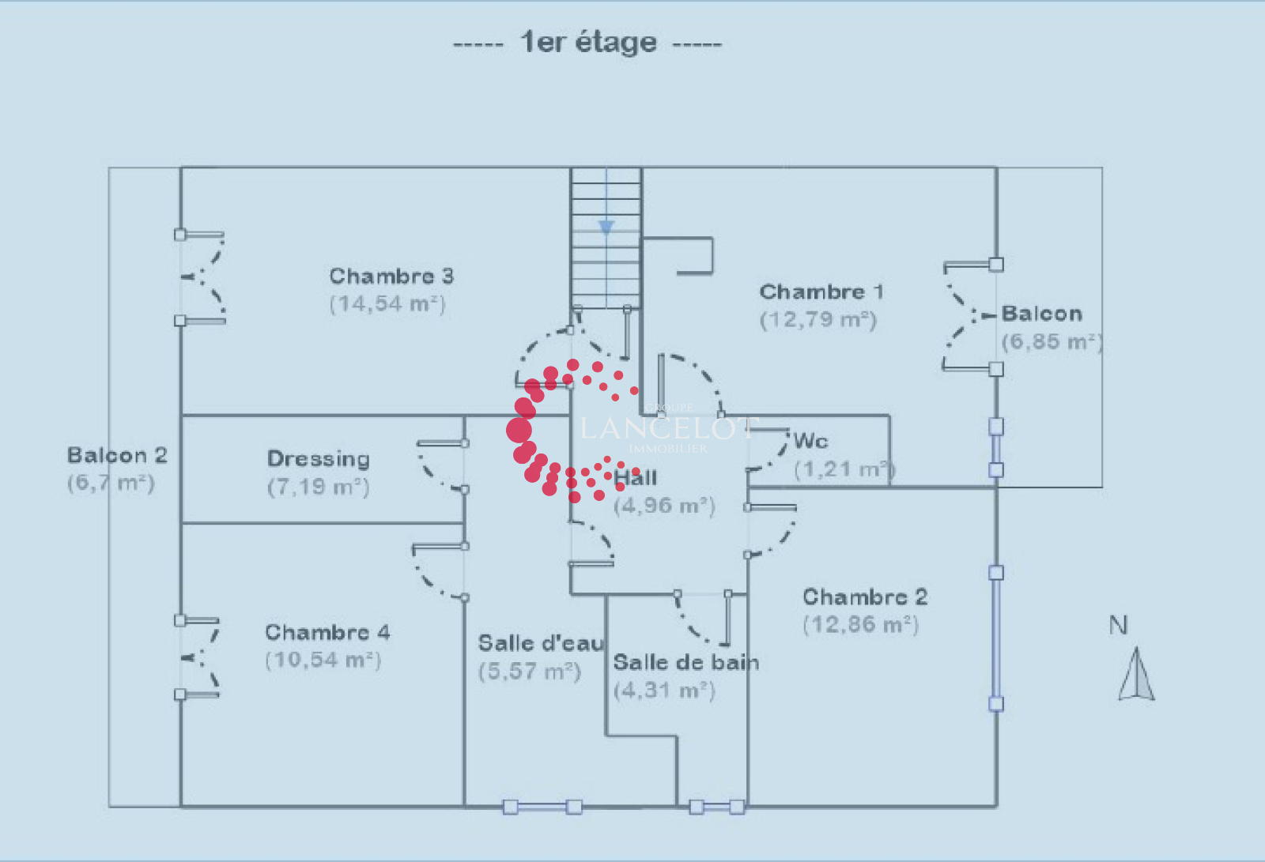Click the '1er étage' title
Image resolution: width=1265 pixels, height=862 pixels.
pyautogui.click(x=588, y=42)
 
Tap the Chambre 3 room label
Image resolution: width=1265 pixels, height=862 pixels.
pyautogui.click(x=391, y=276)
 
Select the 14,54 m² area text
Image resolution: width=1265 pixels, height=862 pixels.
pyautogui.click(x=387, y=304)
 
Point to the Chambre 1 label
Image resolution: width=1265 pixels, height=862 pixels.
pyautogui.click(x=821, y=292)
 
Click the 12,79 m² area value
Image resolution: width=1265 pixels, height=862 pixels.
pyautogui.click(x=818, y=320)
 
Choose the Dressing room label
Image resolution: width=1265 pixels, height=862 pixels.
pyautogui.click(x=319, y=458)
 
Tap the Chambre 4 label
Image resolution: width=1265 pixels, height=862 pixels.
pyautogui.click(x=327, y=632)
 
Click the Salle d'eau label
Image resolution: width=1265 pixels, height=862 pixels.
pyautogui.click(x=541, y=643)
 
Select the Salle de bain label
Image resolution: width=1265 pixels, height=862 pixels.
pyautogui.click(x=685, y=662)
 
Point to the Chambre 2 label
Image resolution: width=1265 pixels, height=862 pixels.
pyautogui.click(x=865, y=597)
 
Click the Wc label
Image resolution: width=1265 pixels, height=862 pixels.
pyautogui.click(x=811, y=440)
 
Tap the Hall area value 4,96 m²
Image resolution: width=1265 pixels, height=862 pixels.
pyautogui.click(x=664, y=506)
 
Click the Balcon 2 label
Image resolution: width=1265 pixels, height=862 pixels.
pyautogui.click(x=117, y=455)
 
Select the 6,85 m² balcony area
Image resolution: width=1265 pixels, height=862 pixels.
pyautogui.click(x=1052, y=342)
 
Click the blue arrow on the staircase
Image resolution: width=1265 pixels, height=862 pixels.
pyautogui.click(x=606, y=228)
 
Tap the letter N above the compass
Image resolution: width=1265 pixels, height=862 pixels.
pyautogui.click(x=1118, y=625)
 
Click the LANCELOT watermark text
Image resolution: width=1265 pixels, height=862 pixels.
pyautogui.click(x=668, y=428)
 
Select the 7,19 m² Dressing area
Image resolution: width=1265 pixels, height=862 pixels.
pyautogui.click(x=319, y=487)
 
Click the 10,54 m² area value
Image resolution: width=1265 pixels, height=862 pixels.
pyautogui.click(x=323, y=660)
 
